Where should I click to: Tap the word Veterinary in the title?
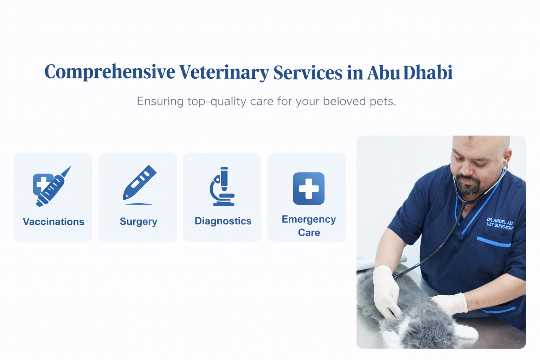pyautogui.click(x=224, y=72)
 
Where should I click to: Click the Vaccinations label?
pyautogui.click(x=53, y=221)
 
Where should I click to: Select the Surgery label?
pyautogui.click(x=139, y=221)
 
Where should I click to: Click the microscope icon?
pyautogui.click(x=222, y=186)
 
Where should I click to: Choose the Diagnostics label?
pyautogui.click(x=223, y=221)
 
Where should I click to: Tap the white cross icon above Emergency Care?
pyautogui.click(x=309, y=188)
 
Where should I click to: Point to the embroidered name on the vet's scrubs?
pyautogui.click(x=500, y=224)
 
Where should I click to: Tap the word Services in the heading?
pyautogui.click(x=308, y=72)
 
